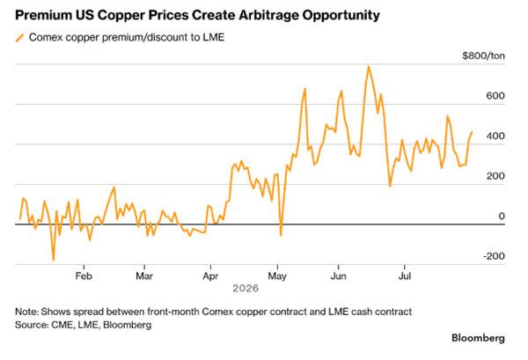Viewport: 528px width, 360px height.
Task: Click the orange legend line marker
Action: point(20,38)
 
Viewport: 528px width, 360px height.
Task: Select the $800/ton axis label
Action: point(483,55)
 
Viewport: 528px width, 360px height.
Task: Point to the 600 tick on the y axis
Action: point(495,96)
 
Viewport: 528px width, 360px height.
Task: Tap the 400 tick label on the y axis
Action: point(495,136)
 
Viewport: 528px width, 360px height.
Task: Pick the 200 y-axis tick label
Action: point(495,176)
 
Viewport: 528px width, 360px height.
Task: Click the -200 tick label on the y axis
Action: point(494,256)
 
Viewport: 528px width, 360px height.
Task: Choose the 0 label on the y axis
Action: point(502,216)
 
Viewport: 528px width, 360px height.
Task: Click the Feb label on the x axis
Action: point(84,276)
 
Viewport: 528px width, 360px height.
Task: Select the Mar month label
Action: point(144,276)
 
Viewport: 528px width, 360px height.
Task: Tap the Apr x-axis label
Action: point(210,276)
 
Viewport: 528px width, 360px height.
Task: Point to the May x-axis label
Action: point(277,276)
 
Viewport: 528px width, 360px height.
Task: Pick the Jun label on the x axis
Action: point(338,276)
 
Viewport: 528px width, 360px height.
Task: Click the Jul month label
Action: point(405,276)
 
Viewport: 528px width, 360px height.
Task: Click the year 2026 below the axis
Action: point(246,289)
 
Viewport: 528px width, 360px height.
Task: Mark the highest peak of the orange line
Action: point(369,66)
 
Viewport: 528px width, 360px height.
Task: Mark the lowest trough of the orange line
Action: point(53,260)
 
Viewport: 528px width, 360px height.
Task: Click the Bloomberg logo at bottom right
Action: point(478,338)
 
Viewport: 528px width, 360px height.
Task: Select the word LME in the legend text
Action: point(214,37)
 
